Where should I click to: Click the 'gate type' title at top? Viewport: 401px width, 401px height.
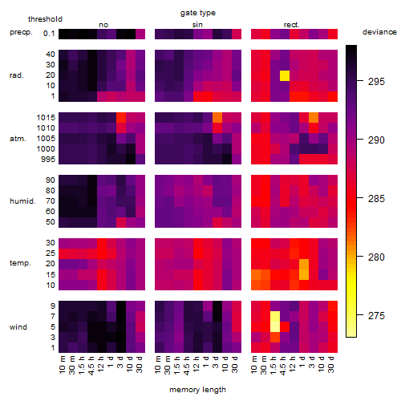[198, 13]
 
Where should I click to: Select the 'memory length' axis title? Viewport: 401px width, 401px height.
[197, 390]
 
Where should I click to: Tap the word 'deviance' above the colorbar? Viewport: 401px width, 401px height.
[379, 32]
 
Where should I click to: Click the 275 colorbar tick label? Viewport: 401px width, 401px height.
[376, 316]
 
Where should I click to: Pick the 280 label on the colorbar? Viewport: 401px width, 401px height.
[376, 257]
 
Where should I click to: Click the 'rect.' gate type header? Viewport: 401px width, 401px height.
[291, 25]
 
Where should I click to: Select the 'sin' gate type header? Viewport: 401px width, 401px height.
[197, 25]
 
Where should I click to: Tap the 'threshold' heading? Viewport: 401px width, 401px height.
[45, 19]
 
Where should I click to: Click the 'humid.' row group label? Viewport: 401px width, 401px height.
[22, 201]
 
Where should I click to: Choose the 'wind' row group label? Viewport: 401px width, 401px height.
[18, 327]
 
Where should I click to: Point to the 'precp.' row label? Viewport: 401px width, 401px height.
[21, 32]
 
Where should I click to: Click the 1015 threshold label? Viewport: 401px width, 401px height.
[46, 118]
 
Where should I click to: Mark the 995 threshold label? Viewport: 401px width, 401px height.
[48, 160]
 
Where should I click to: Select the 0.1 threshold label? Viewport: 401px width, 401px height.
[49, 34]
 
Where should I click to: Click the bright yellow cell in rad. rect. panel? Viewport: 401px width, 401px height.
[285, 75]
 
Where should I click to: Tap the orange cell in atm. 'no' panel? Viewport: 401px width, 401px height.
[121, 118]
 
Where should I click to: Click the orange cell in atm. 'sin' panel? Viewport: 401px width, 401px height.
[217, 118]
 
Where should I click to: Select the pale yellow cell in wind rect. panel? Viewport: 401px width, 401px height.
[275, 322]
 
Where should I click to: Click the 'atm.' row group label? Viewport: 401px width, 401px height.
[18, 139]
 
